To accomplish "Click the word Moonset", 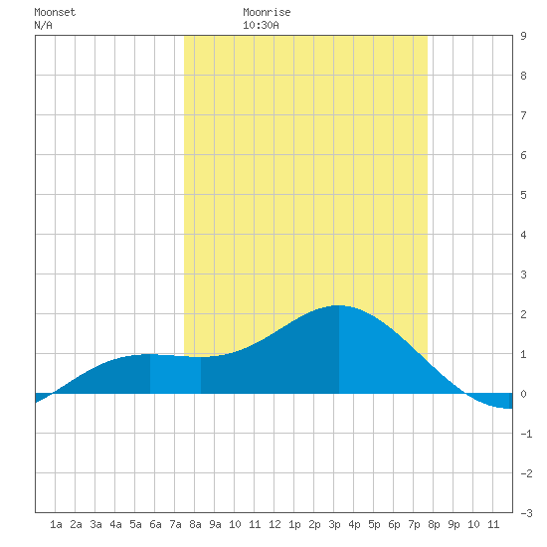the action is [55, 12].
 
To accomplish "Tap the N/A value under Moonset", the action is [43, 25].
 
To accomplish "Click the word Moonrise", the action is [267, 12].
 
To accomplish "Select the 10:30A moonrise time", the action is [261, 25].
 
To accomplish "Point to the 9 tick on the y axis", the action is [523, 36].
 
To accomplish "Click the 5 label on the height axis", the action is [523, 195].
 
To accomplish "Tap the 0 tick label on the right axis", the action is [523, 394].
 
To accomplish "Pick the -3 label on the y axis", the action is [526, 513].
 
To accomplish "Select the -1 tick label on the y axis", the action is [526, 434].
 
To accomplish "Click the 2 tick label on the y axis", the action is [523, 314].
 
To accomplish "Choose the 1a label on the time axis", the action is [56, 524].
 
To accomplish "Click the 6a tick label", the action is [155, 524].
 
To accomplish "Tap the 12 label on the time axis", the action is [274, 524].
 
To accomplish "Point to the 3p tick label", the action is [334, 524].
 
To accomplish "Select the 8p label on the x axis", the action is [434, 524].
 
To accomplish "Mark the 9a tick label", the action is [215, 524].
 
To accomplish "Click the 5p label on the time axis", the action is [374, 524].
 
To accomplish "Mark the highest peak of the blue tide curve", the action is [339, 305].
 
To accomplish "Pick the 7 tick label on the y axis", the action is [523, 115].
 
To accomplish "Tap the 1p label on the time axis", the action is [294, 524].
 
